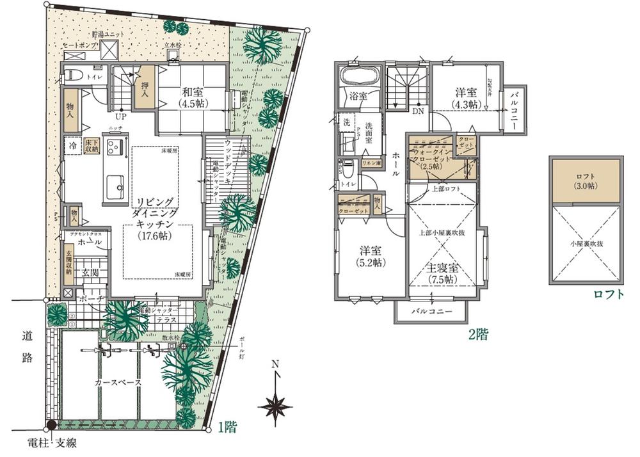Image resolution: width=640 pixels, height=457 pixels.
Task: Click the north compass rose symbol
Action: pyautogui.click(x=275, y=405)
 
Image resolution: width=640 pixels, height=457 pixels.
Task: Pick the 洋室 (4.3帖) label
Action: pyautogui.click(x=465, y=98)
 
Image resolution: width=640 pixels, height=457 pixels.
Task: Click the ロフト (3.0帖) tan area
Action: pyautogui.click(x=585, y=181)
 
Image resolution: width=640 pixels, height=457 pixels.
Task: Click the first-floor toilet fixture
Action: pyautogui.click(x=72, y=76)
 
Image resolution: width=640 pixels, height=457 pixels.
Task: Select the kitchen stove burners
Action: pyautogui.click(x=115, y=149)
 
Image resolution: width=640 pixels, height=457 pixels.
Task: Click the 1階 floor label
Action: pyautogui.click(x=227, y=428)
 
